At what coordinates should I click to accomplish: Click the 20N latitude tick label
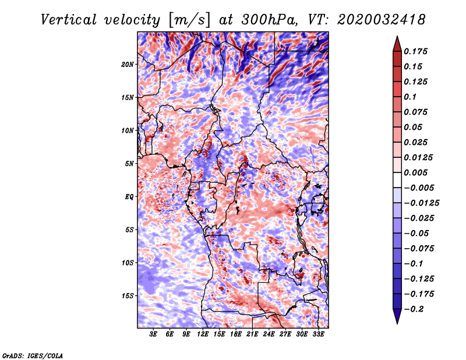click(128, 65)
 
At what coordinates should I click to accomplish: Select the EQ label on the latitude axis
click(129, 197)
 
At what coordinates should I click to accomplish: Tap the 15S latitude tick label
click(128, 296)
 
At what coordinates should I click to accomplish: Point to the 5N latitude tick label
click(129, 164)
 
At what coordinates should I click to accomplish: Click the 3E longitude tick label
click(153, 334)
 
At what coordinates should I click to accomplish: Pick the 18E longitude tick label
click(236, 334)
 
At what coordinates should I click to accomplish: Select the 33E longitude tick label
click(318, 334)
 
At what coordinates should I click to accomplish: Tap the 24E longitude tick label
click(269, 334)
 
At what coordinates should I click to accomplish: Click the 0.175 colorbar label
click(415, 51)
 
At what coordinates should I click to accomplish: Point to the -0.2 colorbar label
click(414, 309)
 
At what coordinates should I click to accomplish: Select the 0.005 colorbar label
click(415, 172)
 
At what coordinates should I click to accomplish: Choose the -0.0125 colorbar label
click(421, 203)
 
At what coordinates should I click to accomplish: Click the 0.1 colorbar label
click(410, 97)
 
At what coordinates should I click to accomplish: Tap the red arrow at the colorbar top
click(397, 44)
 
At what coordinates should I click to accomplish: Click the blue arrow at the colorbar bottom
click(397, 316)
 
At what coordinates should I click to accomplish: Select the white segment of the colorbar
click(397, 180)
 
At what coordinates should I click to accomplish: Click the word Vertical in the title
click(68, 20)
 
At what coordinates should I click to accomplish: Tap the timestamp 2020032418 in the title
click(381, 20)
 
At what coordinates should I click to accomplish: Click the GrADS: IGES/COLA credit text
click(32, 356)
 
